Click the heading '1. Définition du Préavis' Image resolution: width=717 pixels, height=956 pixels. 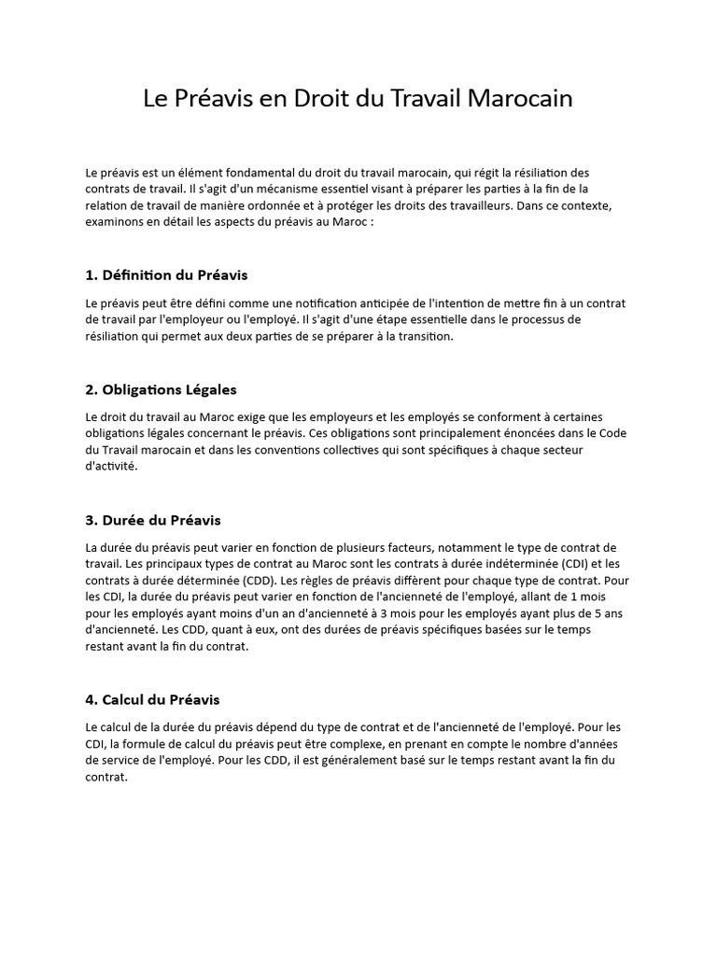(x=166, y=275)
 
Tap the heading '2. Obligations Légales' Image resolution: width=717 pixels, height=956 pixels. (x=161, y=389)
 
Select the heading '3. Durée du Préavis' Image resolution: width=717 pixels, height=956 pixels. (x=153, y=519)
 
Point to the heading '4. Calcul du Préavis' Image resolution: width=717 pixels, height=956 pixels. (x=152, y=698)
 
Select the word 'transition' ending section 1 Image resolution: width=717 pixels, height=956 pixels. (x=422, y=337)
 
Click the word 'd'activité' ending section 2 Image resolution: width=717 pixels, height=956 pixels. (x=110, y=467)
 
